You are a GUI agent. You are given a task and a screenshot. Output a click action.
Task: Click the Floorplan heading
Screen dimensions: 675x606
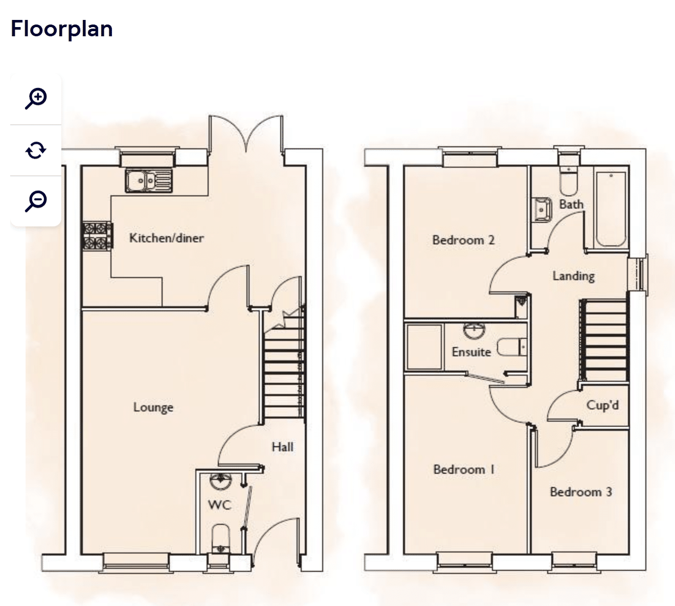(62, 29)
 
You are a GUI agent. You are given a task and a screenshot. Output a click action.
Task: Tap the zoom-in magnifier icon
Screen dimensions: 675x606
(36, 99)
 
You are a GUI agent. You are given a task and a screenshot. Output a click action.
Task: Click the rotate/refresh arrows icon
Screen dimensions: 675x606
(36, 150)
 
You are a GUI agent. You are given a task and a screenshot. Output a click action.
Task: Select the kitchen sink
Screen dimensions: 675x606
(149, 180)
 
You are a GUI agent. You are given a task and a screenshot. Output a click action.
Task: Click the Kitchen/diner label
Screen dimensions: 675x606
(167, 238)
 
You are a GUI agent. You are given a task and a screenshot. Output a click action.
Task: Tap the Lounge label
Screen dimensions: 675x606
(153, 407)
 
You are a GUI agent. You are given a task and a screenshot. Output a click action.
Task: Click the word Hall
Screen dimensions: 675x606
(282, 447)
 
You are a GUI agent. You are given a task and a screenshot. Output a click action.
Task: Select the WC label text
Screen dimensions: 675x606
(219, 505)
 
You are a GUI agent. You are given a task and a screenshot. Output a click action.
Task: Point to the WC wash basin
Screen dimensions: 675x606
(220, 481)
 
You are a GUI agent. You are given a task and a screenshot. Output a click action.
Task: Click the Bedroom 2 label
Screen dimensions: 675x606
(463, 240)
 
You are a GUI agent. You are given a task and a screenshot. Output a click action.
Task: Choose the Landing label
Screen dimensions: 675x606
(574, 276)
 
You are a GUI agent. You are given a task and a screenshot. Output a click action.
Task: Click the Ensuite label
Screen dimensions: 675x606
(471, 352)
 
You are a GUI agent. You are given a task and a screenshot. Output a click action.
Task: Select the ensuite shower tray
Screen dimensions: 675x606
(424, 347)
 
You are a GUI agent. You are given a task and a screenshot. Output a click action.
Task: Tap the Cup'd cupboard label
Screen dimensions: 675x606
(602, 406)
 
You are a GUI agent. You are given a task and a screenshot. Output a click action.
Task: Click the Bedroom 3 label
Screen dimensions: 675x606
(581, 492)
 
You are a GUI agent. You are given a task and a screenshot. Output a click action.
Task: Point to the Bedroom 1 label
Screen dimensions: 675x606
(464, 470)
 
